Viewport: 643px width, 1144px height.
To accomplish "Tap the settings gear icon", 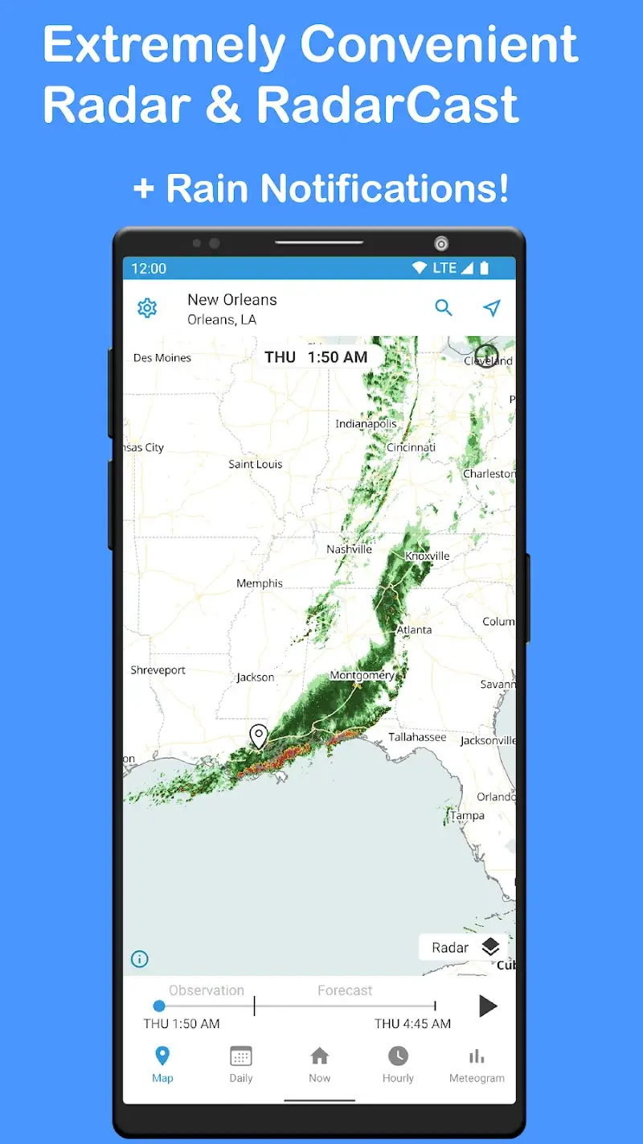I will (x=147, y=308).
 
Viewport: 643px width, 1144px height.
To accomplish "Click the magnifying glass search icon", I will (x=444, y=307).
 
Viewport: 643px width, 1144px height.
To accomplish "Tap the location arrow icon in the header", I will (x=492, y=307).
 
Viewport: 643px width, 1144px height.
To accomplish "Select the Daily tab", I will (x=241, y=1064).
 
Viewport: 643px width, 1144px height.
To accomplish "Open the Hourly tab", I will (x=398, y=1064).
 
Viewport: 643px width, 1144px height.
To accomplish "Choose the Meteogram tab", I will (x=477, y=1064).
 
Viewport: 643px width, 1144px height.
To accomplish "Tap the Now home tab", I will (x=320, y=1064).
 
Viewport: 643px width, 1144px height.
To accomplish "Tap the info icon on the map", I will (x=140, y=959).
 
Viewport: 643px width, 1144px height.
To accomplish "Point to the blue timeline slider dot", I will (x=159, y=1006).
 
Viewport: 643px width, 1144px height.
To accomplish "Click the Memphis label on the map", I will (x=260, y=583).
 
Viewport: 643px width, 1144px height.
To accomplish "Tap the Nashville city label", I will (x=349, y=549).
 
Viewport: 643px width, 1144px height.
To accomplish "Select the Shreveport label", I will (x=158, y=670).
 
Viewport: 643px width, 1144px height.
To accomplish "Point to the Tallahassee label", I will (x=417, y=737).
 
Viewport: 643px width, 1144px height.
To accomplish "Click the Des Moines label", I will (x=162, y=358).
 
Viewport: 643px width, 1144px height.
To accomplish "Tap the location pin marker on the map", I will (x=258, y=735).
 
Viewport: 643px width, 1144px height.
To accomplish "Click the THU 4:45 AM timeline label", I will (x=412, y=1024).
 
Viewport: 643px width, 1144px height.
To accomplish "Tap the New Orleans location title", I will (x=232, y=299).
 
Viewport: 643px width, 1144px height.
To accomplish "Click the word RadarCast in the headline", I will (x=387, y=105).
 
